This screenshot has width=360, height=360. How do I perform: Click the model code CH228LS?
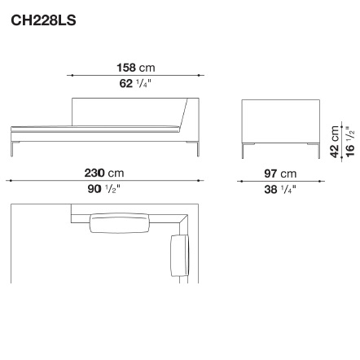point(43,20)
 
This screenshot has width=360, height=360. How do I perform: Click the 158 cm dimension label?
point(136,68)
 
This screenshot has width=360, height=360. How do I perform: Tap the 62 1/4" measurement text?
point(134,83)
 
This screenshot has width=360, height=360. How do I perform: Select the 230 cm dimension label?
point(104,173)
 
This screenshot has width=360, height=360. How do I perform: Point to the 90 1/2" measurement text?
point(103,189)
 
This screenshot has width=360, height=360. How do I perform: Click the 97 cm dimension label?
point(280,173)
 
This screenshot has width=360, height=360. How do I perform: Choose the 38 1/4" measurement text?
point(280,189)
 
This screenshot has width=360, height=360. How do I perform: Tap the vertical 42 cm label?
point(335,142)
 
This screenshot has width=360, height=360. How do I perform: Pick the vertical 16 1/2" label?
point(350,141)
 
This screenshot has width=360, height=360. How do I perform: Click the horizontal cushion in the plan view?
point(120,223)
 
